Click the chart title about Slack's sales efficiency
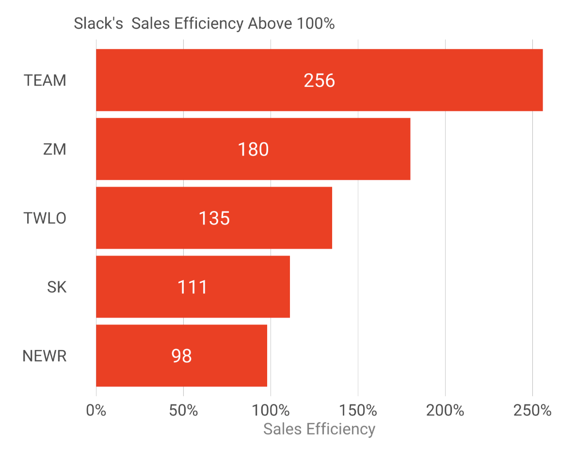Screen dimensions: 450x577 coord(204,23)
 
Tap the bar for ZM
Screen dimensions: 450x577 coord(339,149)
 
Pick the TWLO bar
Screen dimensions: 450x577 coord(281,218)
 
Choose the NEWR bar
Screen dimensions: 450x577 coord(228,355)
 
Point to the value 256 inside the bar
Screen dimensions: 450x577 coord(319,80)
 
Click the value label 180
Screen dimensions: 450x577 coord(253,149)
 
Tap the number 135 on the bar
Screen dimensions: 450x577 coord(214,218)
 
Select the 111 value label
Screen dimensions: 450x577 coord(192,287)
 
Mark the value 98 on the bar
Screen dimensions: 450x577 coord(181,356)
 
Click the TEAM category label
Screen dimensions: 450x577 coord(45,80)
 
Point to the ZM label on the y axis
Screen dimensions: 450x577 coord(54,149)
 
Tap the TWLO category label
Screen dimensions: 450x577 coord(45,218)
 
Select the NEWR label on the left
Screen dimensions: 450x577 coord(45,356)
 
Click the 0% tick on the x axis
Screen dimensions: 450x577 coord(96,410)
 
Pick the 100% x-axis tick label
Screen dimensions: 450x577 coord(271,410)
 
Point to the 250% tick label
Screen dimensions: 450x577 coord(532,410)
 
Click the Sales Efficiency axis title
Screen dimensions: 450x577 coord(319,429)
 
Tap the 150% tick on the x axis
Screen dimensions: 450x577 coord(358,410)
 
